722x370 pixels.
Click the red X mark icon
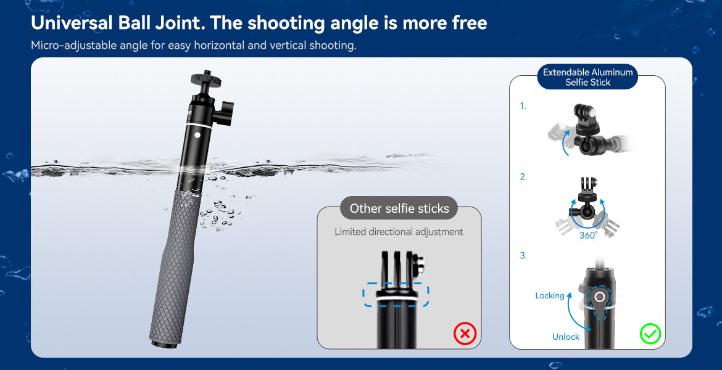(x=465, y=333)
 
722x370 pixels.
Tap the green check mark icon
(x=650, y=334)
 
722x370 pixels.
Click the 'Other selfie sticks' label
(x=399, y=208)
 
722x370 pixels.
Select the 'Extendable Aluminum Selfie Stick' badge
(x=587, y=77)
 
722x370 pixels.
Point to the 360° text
(x=588, y=235)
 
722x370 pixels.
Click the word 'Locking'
(x=550, y=295)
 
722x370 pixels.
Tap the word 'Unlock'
(x=566, y=337)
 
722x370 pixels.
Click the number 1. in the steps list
(x=523, y=106)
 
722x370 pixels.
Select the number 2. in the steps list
(x=523, y=177)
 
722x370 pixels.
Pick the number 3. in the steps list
(x=523, y=255)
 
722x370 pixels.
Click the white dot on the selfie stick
(x=197, y=135)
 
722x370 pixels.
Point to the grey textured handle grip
(x=176, y=268)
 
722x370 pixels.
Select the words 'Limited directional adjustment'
(x=399, y=231)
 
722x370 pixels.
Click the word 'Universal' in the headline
(x=71, y=23)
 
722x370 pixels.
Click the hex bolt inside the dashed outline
(x=600, y=297)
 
